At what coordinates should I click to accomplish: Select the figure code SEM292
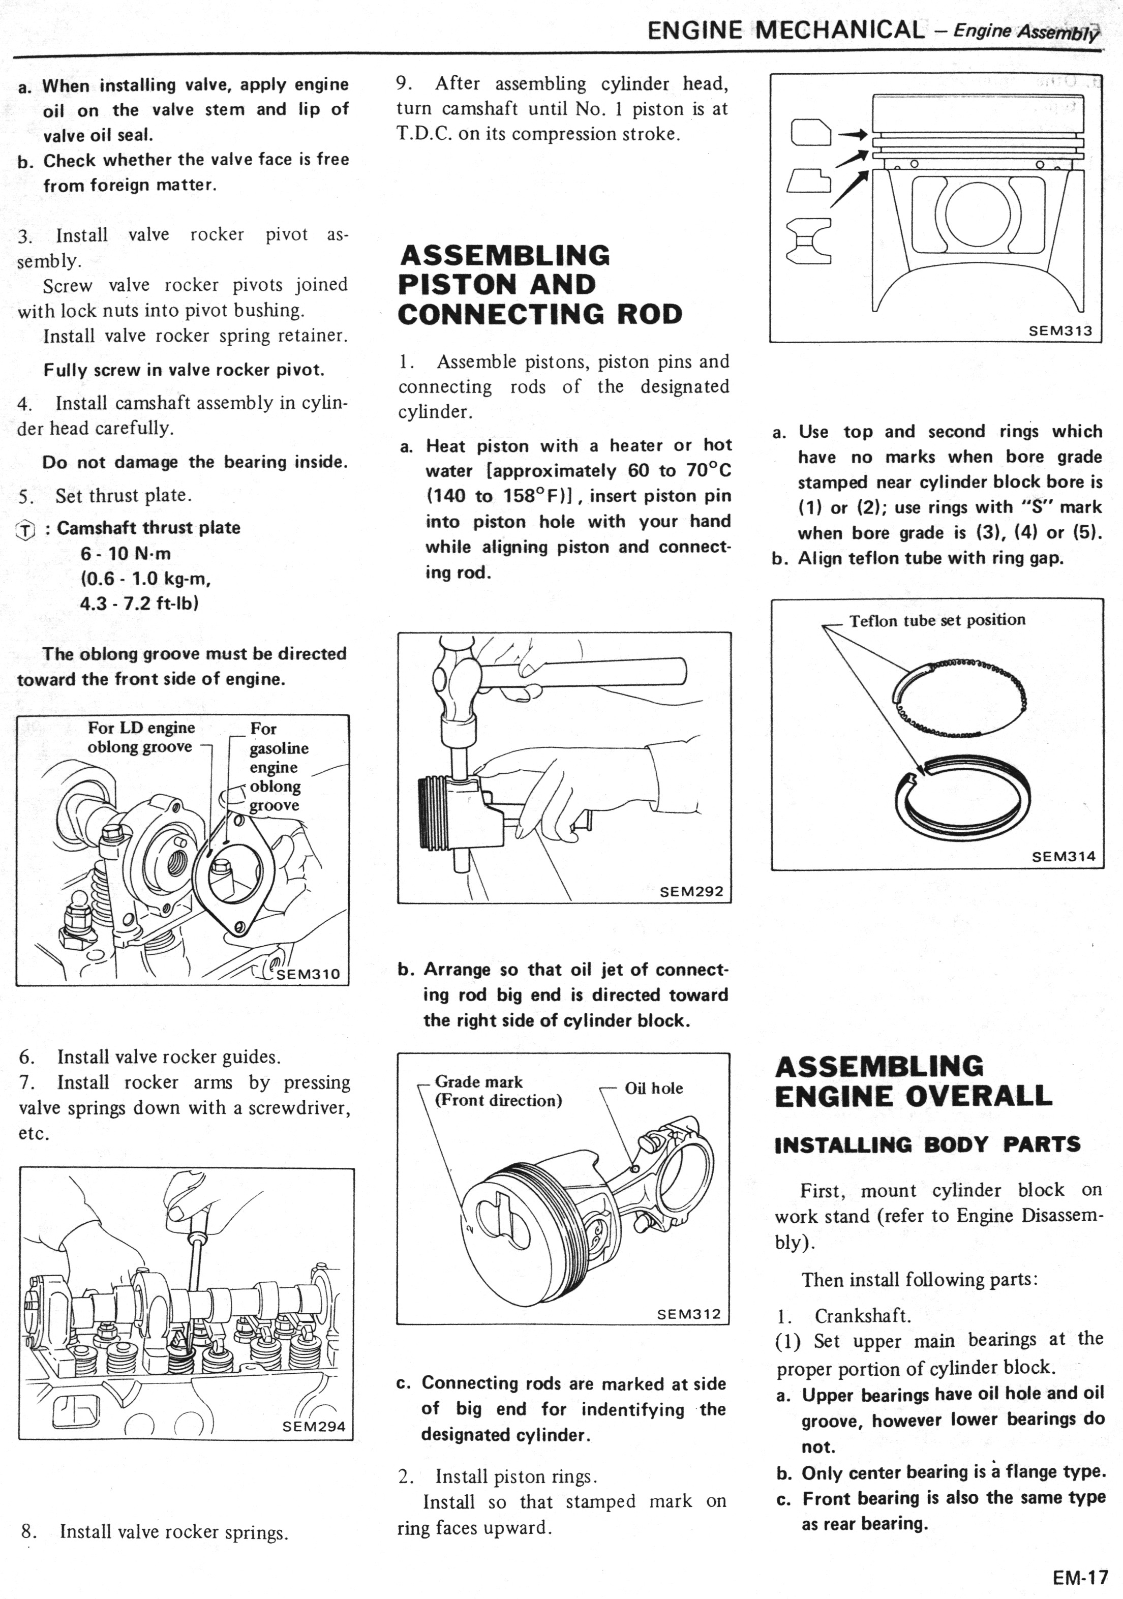[691, 891]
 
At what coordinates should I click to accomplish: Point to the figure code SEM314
[1063, 857]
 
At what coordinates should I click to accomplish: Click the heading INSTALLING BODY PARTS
[927, 1144]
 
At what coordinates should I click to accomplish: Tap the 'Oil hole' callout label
[654, 1088]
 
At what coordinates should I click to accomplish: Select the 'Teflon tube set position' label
[937, 620]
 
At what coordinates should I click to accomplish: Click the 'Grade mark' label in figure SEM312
[478, 1081]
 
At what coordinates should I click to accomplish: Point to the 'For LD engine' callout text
[141, 728]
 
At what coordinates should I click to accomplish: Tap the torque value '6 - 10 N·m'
[126, 554]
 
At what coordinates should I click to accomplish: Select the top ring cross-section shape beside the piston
[811, 132]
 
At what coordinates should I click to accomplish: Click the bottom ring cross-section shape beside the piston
[809, 241]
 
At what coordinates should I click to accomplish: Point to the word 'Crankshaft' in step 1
[862, 1316]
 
